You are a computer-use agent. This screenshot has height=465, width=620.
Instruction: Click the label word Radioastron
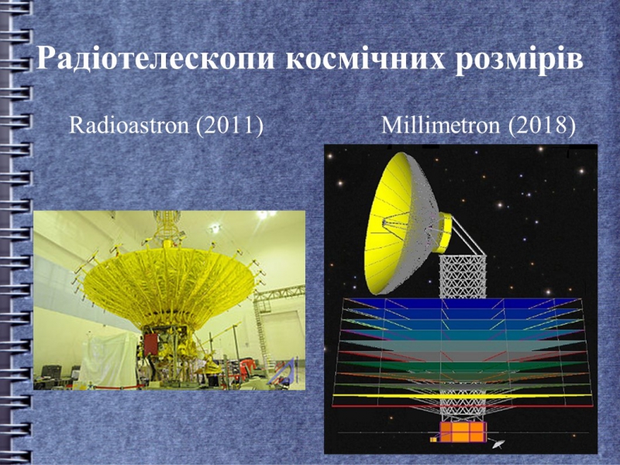tap(129, 125)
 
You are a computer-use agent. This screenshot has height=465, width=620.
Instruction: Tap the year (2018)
tap(541, 126)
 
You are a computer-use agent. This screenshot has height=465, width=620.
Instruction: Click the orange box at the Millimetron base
tap(462, 432)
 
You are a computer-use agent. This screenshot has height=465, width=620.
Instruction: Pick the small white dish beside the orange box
tap(498, 444)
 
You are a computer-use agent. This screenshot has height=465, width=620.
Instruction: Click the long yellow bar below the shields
tap(462, 395)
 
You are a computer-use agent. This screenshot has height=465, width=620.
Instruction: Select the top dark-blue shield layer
tap(462, 303)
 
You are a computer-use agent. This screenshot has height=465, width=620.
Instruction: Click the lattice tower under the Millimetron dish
tap(463, 277)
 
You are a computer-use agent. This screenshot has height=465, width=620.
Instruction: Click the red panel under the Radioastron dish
tap(150, 343)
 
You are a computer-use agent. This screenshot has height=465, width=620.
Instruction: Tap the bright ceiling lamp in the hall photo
tap(262, 215)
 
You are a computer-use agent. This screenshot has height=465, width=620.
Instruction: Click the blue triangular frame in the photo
tap(283, 371)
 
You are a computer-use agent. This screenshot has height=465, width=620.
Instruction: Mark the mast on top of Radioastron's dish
tap(166, 227)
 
